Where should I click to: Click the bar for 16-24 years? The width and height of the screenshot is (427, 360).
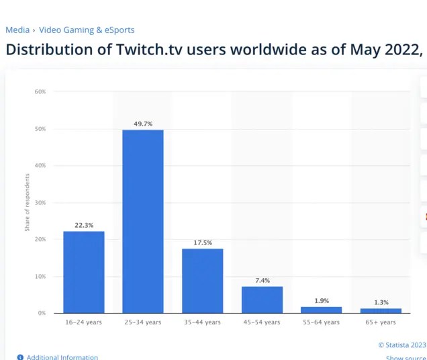pyautogui.click(x=84, y=272)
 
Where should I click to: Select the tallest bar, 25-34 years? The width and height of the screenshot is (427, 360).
pyautogui.click(x=142, y=221)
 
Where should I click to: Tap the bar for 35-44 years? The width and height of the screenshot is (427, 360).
pyautogui.click(x=202, y=281)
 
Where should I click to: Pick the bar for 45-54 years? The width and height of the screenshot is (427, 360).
pyautogui.click(x=262, y=300)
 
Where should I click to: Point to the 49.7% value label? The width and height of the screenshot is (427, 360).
pyautogui.click(x=142, y=124)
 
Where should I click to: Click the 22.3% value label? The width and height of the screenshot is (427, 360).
pyautogui.click(x=84, y=225)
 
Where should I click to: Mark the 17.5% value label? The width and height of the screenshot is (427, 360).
pyautogui.click(x=202, y=242)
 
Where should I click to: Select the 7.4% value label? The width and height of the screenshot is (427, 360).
pyautogui.click(x=262, y=280)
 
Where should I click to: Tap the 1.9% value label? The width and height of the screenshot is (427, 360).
pyautogui.click(x=321, y=301)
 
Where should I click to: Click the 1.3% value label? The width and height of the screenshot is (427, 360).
pyautogui.click(x=381, y=302)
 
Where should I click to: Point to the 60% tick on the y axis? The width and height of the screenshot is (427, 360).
pyautogui.click(x=40, y=91)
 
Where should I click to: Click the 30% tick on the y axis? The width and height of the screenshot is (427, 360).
pyautogui.click(x=40, y=202)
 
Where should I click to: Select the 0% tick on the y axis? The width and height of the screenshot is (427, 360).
pyautogui.click(x=42, y=313)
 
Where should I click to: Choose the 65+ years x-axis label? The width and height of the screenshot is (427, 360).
pyautogui.click(x=381, y=322)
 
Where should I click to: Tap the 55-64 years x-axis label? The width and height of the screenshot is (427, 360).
pyautogui.click(x=321, y=322)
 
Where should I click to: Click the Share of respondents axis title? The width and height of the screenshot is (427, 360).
pyautogui.click(x=28, y=202)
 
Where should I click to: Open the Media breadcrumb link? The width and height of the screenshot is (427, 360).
pyautogui.click(x=17, y=30)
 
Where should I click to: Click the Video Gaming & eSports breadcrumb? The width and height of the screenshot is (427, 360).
pyautogui.click(x=87, y=30)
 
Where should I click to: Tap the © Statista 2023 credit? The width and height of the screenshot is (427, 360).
pyautogui.click(x=401, y=345)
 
